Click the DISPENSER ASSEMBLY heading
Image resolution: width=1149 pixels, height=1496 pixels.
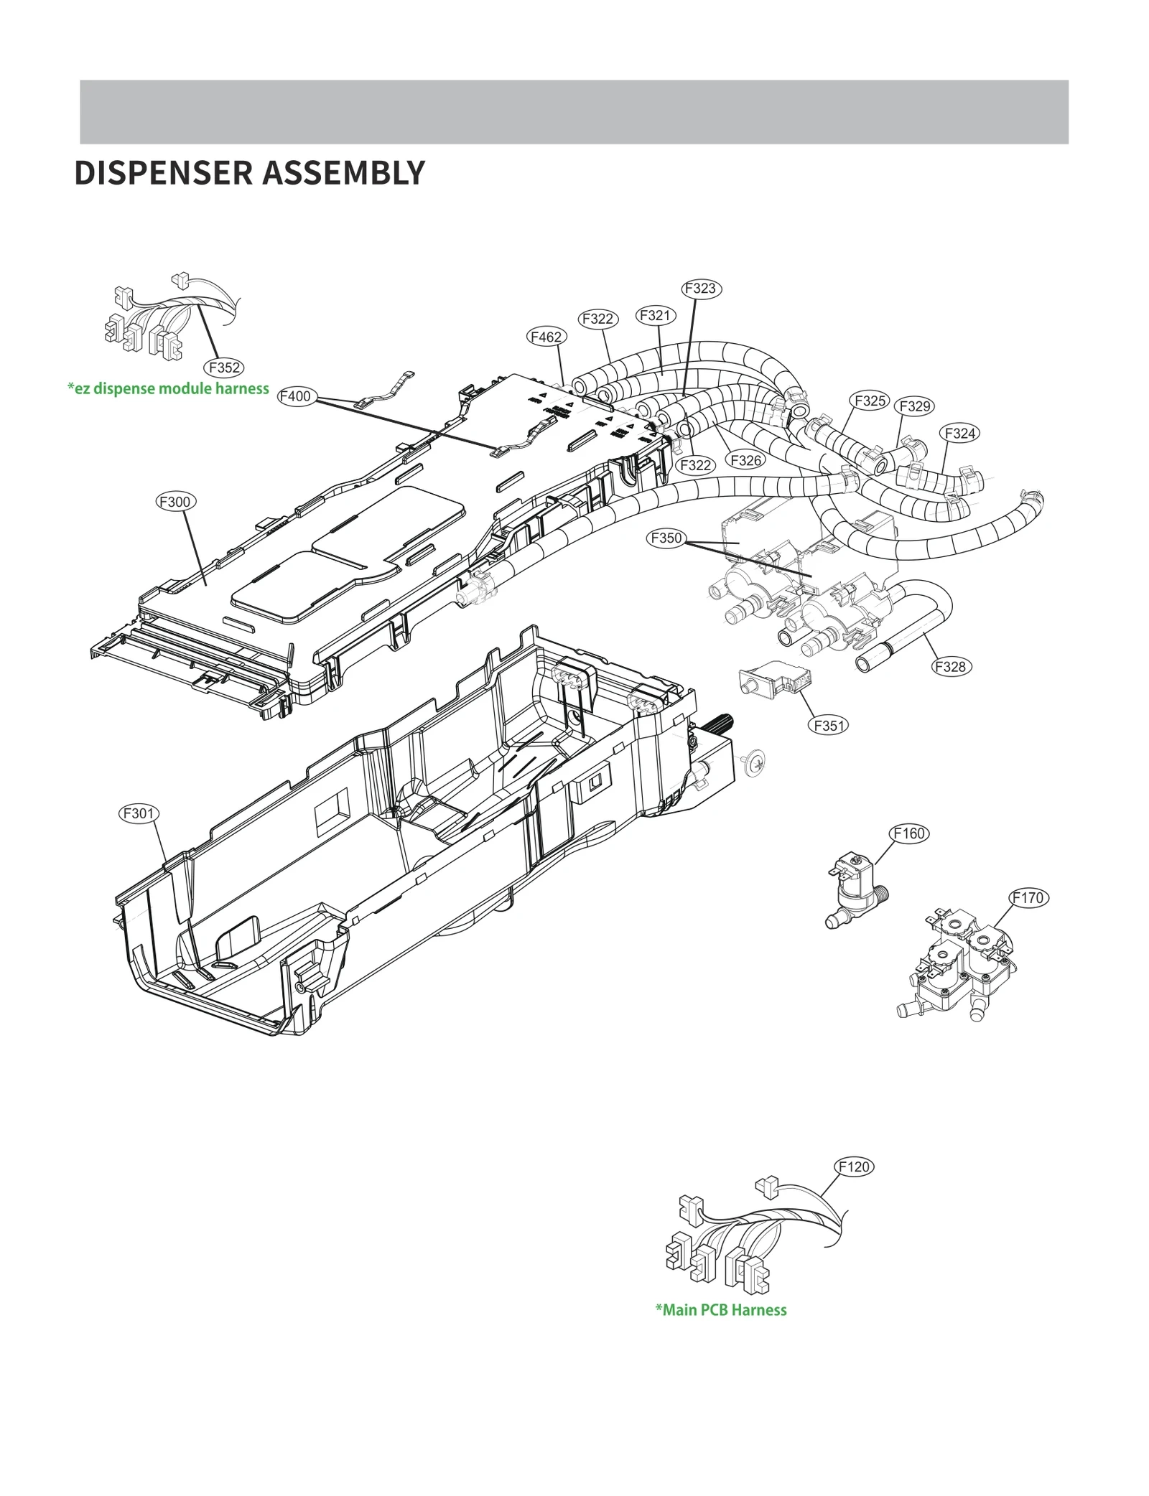pyautogui.click(x=249, y=173)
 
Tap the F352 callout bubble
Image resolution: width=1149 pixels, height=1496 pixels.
pyautogui.click(x=224, y=368)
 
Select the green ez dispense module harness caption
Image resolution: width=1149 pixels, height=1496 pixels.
pyautogui.click(x=168, y=388)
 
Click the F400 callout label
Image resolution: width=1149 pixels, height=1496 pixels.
pyautogui.click(x=295, y=396)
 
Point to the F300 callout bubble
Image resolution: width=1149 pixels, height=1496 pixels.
pyautogui.click(x=175, y=502)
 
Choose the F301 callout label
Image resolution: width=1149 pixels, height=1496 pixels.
pyautogui.click(x=137, y=813)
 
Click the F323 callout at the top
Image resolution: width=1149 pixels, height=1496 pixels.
pyautogui.click(x=700, y=288)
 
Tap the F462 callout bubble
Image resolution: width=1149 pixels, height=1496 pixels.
pyautogui.click(x=545, y=337)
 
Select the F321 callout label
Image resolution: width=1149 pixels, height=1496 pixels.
pyautogui.click(x=654, y=315)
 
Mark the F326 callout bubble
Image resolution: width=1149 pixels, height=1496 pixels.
pyautogui.click(x=745, y=460)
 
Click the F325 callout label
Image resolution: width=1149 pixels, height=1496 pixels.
pyautogui.click(x=870, y=401)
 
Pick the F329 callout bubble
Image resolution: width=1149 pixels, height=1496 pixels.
pyautogui.click(x=915, y=406)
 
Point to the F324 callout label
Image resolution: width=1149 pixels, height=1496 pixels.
pyautogui.click(x=959, y=433)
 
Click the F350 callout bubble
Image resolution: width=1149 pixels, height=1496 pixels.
pyautogui.click(x=666, y=538)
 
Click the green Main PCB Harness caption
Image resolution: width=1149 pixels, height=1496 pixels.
pyautogui.click(x=720, y=1310)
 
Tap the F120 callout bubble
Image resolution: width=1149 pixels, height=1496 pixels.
pyautogui.click(x=854, y=1167)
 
